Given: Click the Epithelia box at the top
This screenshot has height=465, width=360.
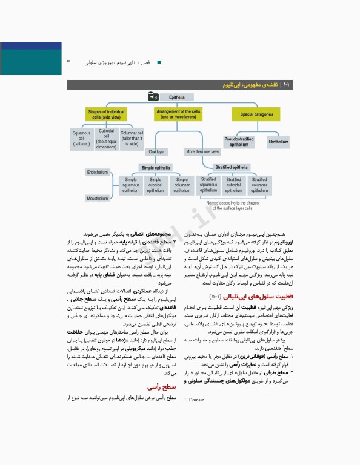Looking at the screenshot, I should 177,96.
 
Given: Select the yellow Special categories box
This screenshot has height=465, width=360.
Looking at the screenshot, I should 255,114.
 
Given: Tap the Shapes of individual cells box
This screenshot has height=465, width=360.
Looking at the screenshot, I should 107,114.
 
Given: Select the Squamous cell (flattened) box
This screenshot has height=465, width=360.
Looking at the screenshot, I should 82,139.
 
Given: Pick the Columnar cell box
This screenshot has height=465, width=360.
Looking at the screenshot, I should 132,139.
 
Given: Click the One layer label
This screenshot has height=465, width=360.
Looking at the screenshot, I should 156,152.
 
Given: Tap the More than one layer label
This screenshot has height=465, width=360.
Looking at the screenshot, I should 202,152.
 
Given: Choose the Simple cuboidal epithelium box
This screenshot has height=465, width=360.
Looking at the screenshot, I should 156,185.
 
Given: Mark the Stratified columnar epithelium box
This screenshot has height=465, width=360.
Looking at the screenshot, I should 259,185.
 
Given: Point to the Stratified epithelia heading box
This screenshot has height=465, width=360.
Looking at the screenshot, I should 232,167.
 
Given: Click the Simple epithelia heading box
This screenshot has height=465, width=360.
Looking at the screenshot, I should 156,168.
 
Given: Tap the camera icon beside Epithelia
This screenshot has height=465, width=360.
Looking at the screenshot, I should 152,96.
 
